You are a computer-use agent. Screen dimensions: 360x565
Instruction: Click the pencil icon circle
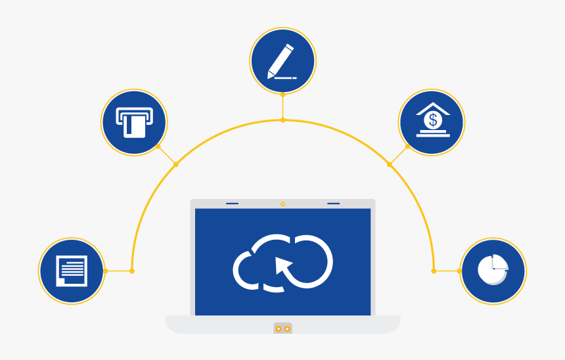(282, 61)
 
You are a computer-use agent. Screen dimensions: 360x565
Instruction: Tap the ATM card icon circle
(134, 122)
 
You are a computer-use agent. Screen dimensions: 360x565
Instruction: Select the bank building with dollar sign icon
(432, 122)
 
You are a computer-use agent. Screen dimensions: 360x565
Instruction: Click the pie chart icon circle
(493, 271)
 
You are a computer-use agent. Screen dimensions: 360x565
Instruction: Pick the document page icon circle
(72, 271)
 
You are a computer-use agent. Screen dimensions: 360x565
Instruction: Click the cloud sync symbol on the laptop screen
(282, 261)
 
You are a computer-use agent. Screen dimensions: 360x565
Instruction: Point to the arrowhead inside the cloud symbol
(282, 265)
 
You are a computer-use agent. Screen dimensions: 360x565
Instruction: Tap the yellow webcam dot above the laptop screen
(282, 204)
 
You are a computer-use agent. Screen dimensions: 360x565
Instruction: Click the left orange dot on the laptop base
(279, 328)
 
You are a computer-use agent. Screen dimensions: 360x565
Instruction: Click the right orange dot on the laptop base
(287, 328)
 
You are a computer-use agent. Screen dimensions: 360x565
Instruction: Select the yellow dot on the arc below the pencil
(282, 120)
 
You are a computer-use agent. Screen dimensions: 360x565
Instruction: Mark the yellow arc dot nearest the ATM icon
(175, 164)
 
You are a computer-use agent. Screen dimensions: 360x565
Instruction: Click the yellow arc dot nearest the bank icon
(390, 164)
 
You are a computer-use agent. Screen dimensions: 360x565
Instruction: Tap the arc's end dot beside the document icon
(132, 271)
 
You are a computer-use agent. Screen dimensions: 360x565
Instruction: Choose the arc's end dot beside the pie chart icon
(434, 271)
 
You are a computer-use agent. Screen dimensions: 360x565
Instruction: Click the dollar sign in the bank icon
(432, 120)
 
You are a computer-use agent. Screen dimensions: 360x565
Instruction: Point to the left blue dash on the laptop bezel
(232, 204)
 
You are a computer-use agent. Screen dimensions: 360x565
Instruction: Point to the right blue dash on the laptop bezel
(333, 204)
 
